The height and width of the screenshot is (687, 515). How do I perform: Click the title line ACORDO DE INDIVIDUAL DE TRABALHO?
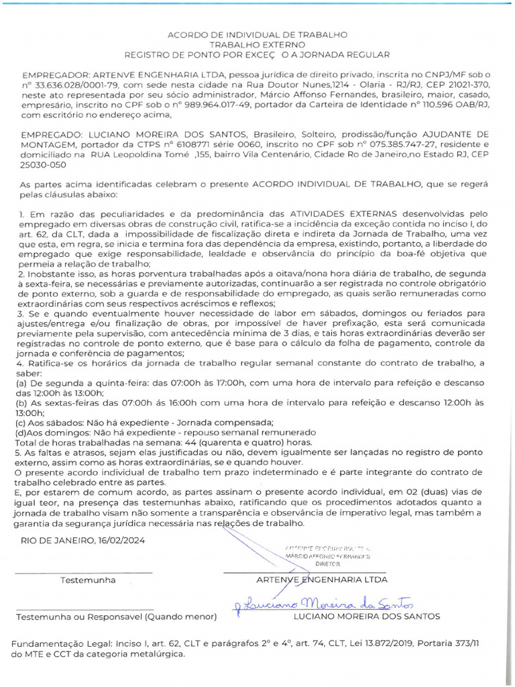tap(257, 34)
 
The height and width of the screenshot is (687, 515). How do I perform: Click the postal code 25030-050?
tap(44, 164)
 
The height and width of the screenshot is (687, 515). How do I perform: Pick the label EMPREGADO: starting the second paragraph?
tap(50, 134)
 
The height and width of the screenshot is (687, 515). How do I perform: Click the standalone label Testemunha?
tap(88, 580)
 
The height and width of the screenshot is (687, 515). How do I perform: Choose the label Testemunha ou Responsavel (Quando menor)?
tap(116, 616)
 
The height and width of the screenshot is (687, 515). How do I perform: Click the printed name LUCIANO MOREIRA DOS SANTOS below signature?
tap(367, 616)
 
